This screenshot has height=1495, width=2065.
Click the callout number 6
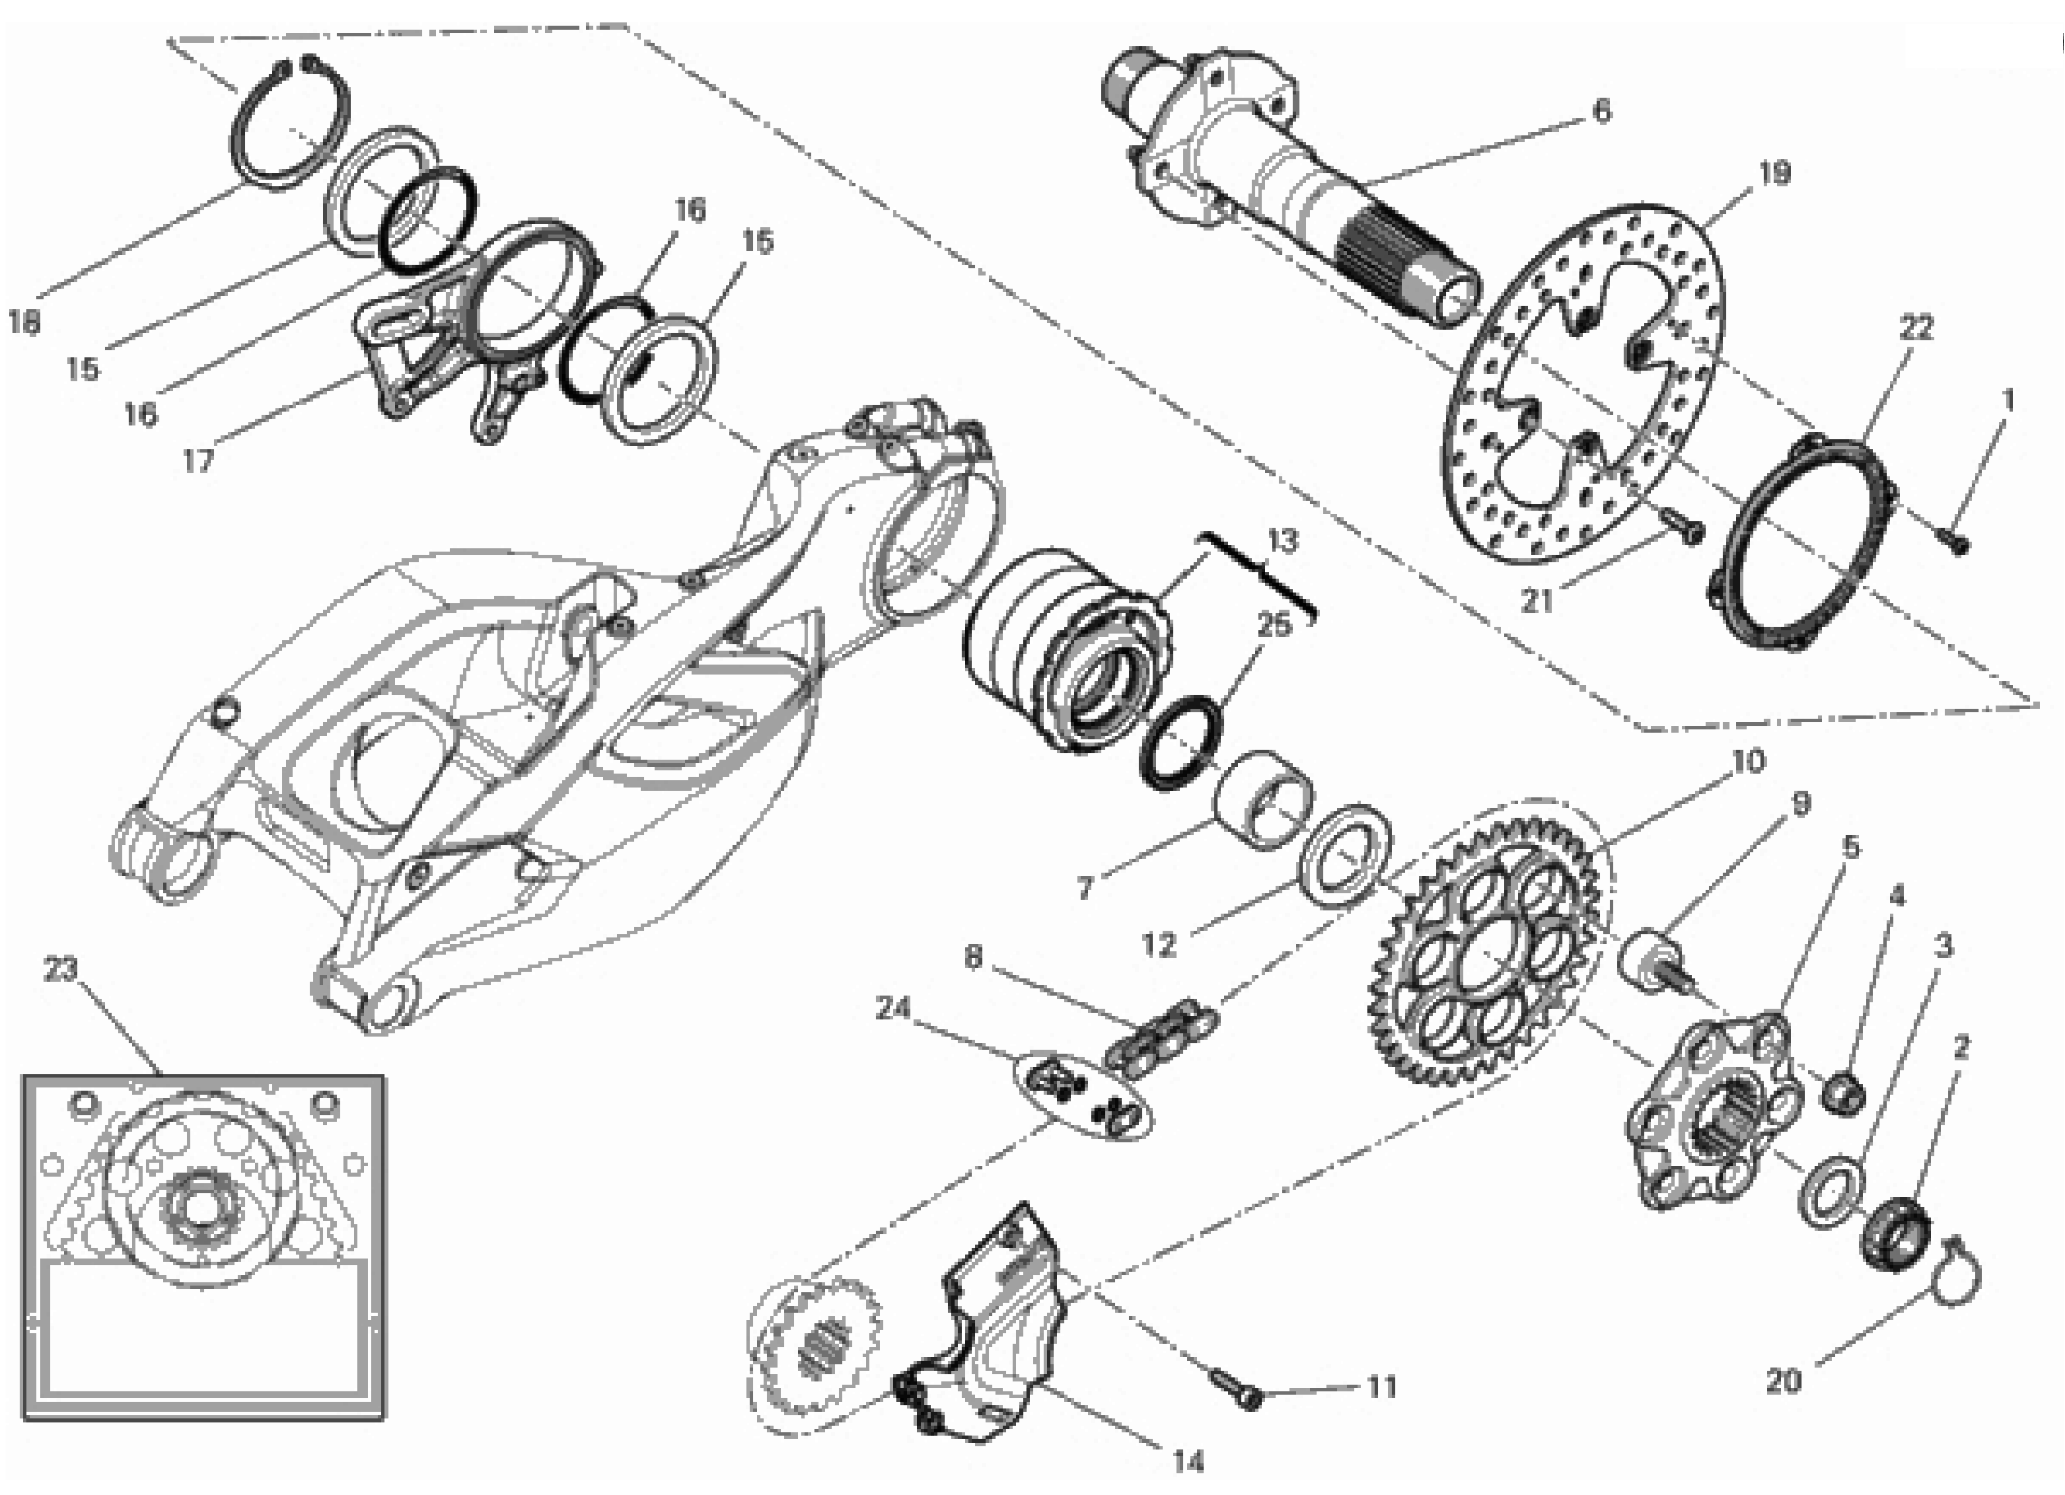1601,110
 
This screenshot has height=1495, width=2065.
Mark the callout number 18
25,322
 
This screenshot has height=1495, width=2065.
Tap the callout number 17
198,461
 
